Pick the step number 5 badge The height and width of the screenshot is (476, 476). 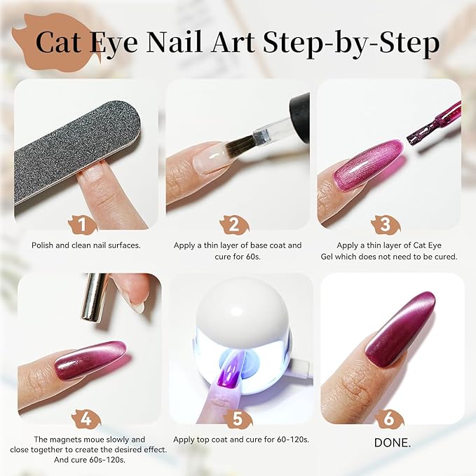238,419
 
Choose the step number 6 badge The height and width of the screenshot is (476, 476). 388,419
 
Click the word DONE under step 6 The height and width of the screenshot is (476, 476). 389,442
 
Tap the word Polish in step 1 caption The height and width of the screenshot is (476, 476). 44,245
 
